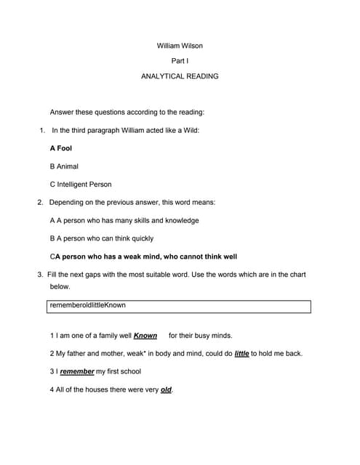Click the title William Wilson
180,46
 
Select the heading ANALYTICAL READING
180,76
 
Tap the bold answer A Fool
60,148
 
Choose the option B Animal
64,166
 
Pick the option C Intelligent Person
81,185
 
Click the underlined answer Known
145,336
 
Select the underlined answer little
241,354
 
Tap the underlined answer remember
77,372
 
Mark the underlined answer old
166,390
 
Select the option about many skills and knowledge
124,220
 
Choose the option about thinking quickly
112,238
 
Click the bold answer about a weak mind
145,256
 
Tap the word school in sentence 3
129,372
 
